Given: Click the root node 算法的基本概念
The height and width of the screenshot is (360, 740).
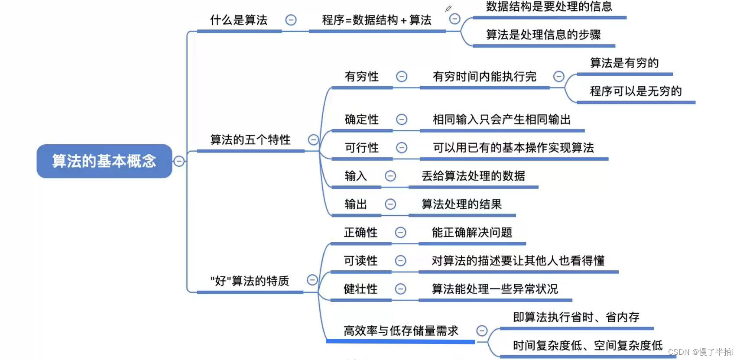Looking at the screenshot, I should pos(104,161).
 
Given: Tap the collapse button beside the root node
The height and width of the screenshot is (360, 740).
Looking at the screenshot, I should pos(179,161).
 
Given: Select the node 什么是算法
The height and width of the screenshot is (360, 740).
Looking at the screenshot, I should pos(239,20).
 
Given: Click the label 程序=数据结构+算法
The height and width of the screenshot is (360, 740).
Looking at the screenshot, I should pos(376,20).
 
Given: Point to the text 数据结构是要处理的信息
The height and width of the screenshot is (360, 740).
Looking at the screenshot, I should pos(549,6).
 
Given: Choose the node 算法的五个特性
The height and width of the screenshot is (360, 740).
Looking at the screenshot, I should pos(250,140).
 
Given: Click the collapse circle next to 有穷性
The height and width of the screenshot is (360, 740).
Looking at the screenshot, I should pos(402,77).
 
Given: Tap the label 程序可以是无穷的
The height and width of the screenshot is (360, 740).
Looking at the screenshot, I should pos(636,91).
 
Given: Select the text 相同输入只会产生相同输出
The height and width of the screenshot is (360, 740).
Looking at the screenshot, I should pos(502,120).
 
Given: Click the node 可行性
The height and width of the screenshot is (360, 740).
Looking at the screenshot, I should pos(362,148).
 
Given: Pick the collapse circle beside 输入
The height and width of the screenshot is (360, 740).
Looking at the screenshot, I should pos(390,176).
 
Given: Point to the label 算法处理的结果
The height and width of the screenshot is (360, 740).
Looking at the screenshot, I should pos(461,204).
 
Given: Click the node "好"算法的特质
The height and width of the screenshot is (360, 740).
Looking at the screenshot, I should pos(250,281).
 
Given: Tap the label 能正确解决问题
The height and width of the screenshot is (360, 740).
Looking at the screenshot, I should pos(472,233).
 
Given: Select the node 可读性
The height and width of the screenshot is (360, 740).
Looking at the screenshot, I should pos(360,261).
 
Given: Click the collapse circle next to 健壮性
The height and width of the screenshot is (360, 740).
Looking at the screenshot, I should pos(401,289).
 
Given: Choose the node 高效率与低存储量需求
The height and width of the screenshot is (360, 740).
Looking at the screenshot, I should pos(401,331).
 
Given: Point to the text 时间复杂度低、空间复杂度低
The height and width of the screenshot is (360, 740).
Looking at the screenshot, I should pos(587,345).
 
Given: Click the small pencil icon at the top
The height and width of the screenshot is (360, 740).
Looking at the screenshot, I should pos(448,9).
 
